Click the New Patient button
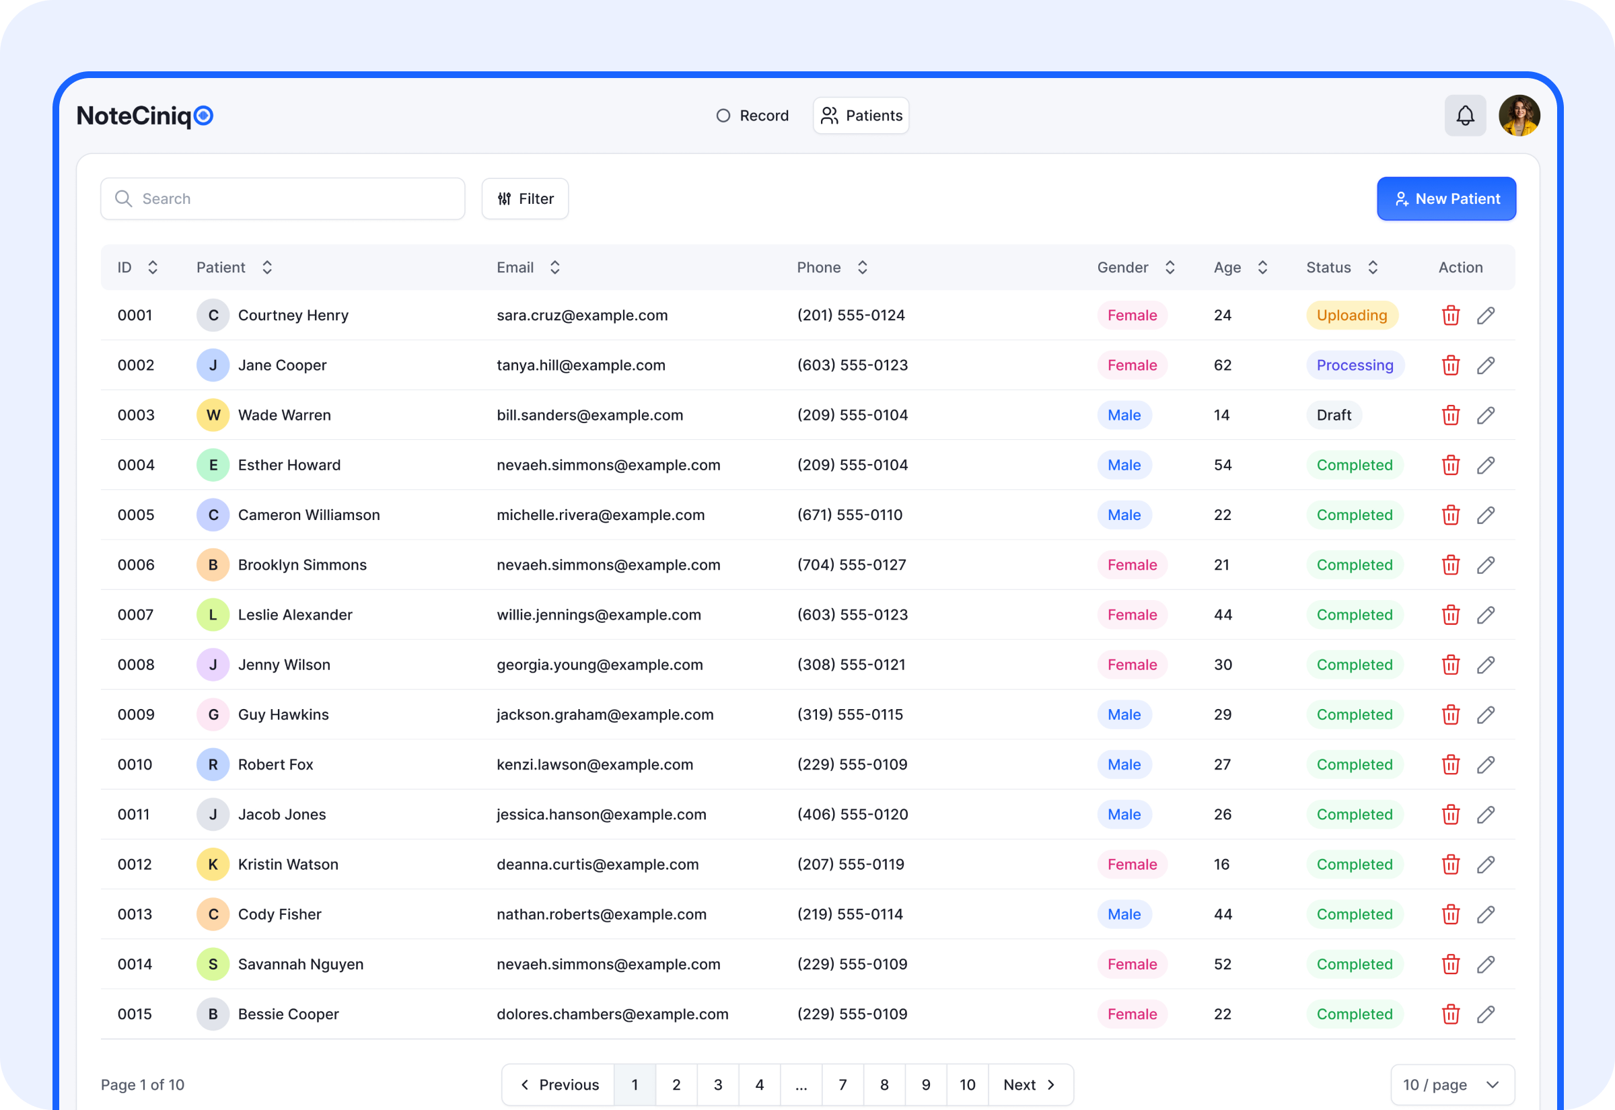(x=1446, y=199)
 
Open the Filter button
(x=525, y=199)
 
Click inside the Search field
(x=292, y=199)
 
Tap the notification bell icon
(x=1465, y=116)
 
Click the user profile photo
(x=1519, y=116)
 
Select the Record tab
(x=752, y=116)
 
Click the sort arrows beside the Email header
(x=555, y=268)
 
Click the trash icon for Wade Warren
(x=1451, y=415)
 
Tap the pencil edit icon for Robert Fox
(x=1486, y=764)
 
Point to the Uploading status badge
(x=1351, y=315)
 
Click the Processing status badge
(x=1354, y=365)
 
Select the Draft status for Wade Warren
(x=1333, y=415)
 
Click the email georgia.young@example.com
(x=600, y=665)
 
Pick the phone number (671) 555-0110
(x=849, y=515)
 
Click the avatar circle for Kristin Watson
(x=213, y=864)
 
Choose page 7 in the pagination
(x=842, y=1084)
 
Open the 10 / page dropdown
(x=1451, y=1084)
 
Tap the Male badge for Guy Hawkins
(x=1124, y=714)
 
